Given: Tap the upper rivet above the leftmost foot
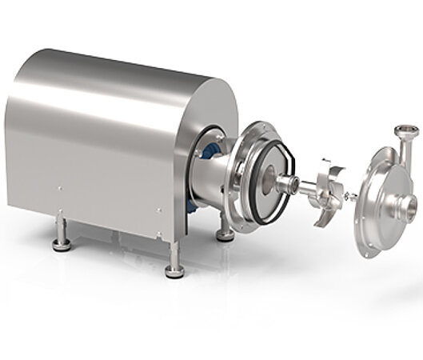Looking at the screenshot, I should tap(59, 190).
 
